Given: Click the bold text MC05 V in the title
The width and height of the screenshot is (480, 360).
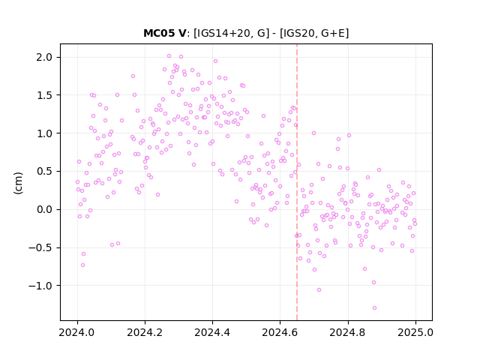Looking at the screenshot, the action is coord(164,33).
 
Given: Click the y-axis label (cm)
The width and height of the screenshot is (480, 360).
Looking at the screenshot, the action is coord(18,183).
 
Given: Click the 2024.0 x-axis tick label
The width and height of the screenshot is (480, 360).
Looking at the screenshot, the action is coord(77,332).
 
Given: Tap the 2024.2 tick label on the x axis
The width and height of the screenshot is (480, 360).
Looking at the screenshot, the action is coord(145,332).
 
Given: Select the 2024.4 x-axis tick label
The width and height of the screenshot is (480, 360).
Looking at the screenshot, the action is coord(212,332).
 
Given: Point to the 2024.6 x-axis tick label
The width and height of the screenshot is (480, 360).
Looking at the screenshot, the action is coord(280,332).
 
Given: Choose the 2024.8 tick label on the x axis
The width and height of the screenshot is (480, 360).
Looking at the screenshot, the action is coord(347,332).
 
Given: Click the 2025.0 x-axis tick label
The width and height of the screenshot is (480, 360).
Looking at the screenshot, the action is coord(415,332).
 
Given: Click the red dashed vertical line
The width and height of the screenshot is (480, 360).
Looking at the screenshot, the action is coord(297,182).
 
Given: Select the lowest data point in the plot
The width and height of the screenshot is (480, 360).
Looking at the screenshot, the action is coord(374,307).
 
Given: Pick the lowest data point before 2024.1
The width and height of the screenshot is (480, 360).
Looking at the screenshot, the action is coord(82,265).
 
